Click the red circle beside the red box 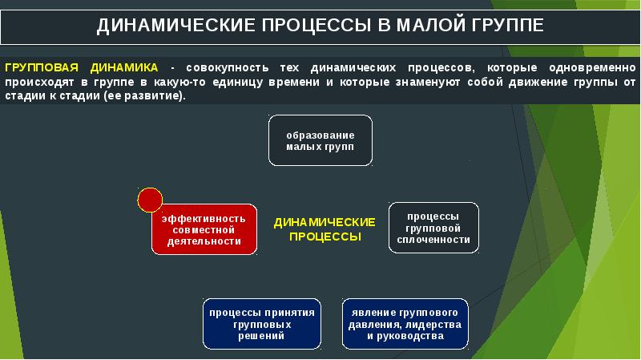(150, 200)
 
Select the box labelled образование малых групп (320, 140)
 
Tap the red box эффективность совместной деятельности (205, 229)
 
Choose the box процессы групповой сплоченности (433, 228)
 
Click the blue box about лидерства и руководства (405, 324)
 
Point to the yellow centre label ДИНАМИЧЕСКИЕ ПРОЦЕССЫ (325, 229)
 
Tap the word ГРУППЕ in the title (504, 25)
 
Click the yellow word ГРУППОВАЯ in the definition (40, 68)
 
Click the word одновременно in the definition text (588, 68)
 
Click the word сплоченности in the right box (433, 240)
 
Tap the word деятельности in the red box (205, 241)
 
